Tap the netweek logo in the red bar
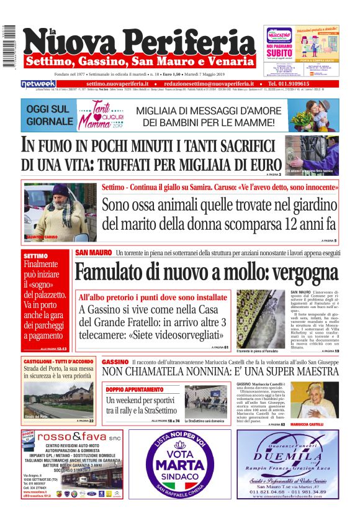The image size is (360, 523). point(38,83)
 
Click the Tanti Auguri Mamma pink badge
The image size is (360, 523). point(109,116)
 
